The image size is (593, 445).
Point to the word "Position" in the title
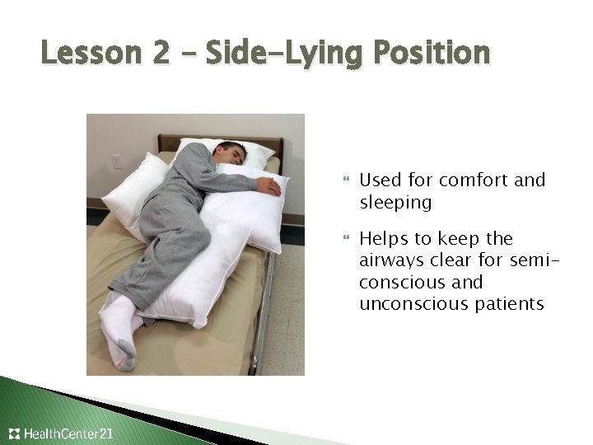431,54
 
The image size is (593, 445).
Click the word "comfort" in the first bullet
474,180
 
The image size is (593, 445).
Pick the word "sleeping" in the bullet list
395,202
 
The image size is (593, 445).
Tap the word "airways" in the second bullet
392,260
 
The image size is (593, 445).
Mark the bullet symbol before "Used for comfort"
346,180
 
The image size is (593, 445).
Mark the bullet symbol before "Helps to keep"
346,240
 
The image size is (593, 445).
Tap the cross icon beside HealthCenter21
14,433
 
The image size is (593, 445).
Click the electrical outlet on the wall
116,162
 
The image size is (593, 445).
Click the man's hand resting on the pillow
268,187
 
